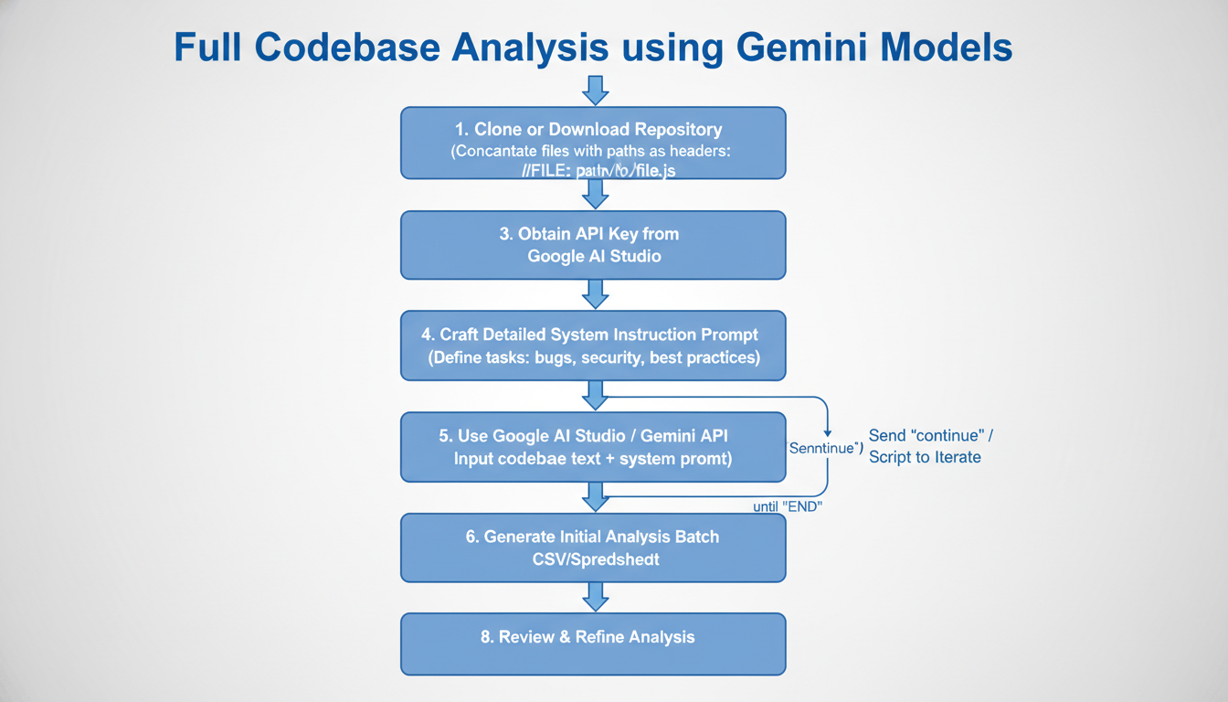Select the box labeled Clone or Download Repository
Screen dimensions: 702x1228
[593, 143]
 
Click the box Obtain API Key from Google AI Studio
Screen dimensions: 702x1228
[593, 245]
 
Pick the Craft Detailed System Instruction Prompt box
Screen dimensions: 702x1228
[593, 346]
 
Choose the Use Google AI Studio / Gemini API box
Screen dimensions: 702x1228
[593, 446]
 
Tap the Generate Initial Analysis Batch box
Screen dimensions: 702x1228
[593, 548]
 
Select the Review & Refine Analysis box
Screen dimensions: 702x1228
[593, 643]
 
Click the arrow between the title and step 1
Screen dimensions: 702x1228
[595, 90]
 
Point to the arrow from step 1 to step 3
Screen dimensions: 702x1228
[595, 194]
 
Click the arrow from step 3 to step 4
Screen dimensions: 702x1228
[595, 294]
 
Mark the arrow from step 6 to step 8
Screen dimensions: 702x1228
[595, 597]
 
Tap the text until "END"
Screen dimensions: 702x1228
[788, 506]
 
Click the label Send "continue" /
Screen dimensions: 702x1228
[932, 436]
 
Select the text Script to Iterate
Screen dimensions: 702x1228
[925, 457]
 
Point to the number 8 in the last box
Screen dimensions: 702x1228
[486, 637]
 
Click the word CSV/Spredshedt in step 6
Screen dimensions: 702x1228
[595, 558]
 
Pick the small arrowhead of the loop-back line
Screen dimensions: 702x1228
[826, 431]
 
